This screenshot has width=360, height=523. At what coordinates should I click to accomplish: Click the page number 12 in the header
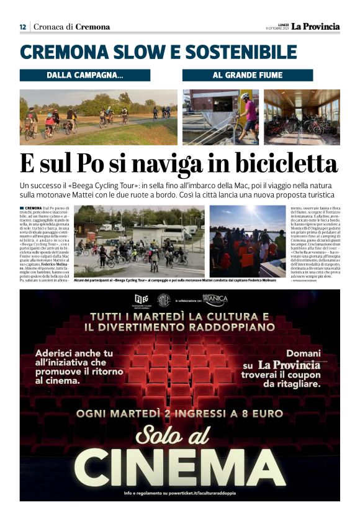tap(23, 27)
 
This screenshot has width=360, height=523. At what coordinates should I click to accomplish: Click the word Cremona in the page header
tap(92, 27)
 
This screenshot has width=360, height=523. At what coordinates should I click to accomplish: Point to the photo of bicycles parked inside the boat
tap(301, 117)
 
